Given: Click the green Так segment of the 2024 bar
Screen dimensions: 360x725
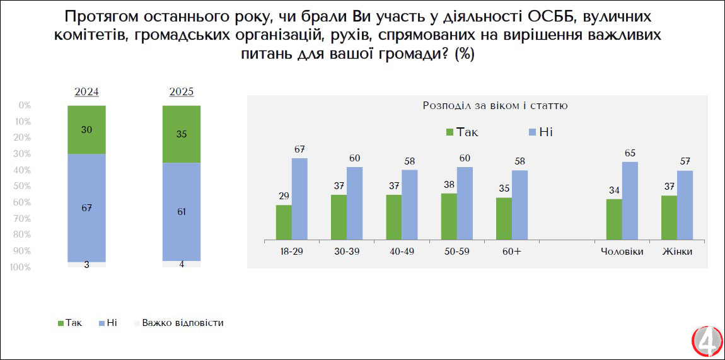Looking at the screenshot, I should tap(86, 129).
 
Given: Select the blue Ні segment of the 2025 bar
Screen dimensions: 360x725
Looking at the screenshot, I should tap(181, 211).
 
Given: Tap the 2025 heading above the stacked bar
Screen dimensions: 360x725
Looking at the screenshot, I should tap(182, 92).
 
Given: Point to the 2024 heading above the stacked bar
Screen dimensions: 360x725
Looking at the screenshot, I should tap(86, 92).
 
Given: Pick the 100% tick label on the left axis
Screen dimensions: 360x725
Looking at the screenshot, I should tap(21, 267).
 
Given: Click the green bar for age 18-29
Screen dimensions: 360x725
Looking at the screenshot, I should tap(284, 222).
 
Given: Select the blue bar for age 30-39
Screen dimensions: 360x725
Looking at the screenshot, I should tap(354, 203).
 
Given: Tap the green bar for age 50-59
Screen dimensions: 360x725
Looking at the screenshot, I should tap(449, 216).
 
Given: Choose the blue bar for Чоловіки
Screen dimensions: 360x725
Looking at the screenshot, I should tap(630, 200).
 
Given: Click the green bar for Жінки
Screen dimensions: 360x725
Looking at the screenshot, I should tap(669, 218).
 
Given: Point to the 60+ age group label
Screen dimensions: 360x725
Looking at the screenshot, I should tap(511, 252).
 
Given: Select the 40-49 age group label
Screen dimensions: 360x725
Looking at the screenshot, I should tap(401, 252).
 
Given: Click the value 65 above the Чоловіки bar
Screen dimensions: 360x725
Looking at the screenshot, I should tap(630, 153).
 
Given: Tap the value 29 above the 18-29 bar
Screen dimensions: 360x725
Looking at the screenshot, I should tap(284, 195).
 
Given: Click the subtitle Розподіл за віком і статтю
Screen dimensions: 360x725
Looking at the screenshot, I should tap(495, 106).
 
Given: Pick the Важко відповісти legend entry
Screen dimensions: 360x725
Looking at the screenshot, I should tap(182, 323).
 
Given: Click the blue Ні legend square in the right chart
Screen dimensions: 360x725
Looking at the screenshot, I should tap(533, 132).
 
